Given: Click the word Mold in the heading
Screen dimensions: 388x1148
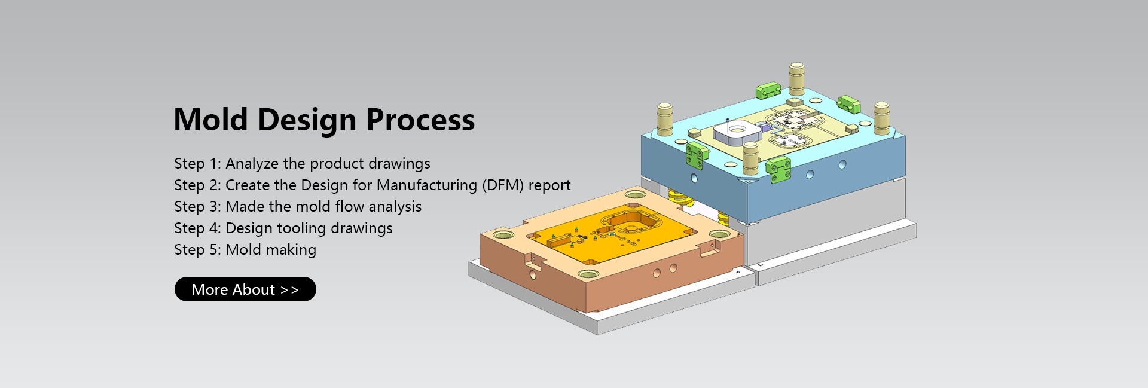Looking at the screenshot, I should [210, 120].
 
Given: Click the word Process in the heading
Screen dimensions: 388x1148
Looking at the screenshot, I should [420, 120].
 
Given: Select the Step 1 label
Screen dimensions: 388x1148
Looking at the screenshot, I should [197, 163].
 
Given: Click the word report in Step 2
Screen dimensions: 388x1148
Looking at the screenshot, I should [549, 185].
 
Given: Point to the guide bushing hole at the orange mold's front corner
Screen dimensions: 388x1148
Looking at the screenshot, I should [588, 274].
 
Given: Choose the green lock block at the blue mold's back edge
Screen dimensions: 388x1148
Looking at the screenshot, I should [768, 90].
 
